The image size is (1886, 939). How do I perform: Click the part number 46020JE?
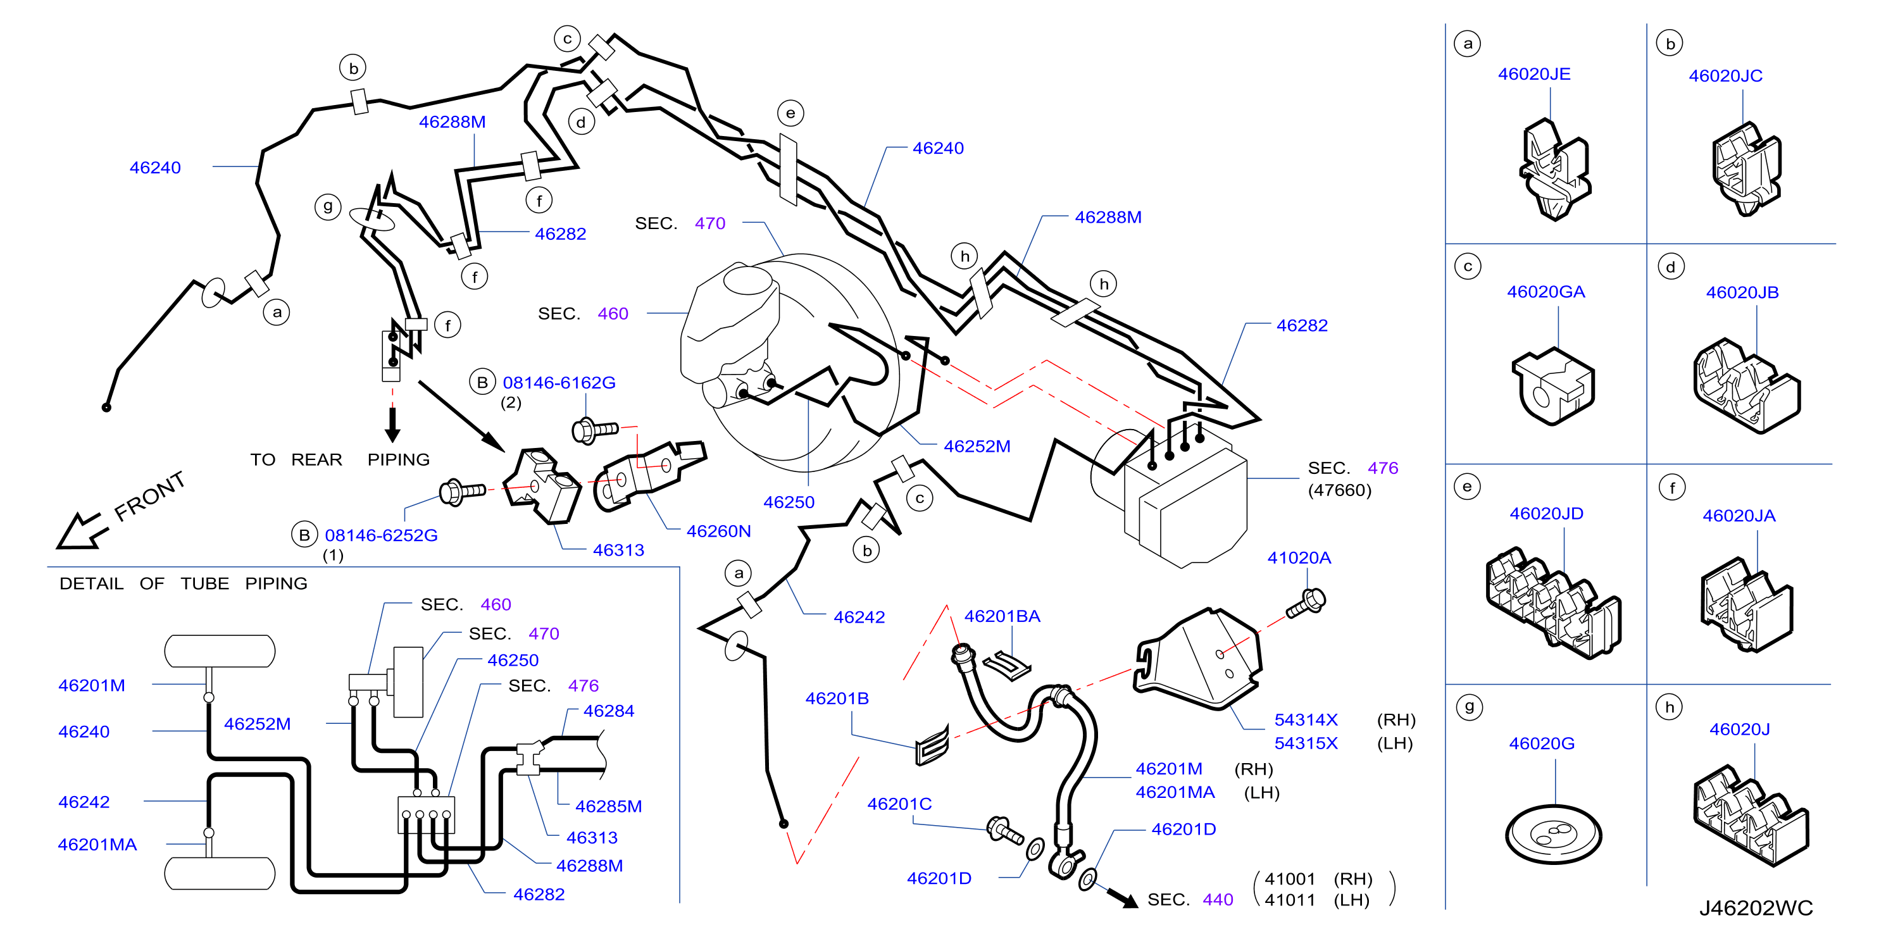click(1534, 74)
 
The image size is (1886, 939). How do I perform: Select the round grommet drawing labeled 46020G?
click(1554, 835)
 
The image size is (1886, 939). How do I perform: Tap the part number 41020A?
click(1299, 557)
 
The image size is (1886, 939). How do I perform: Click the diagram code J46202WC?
click(1756, 908)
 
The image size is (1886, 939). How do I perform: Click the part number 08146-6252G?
click(381, 535)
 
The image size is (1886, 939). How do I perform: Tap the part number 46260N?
click(718, 531)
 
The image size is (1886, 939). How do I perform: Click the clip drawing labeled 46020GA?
click(1553, 387)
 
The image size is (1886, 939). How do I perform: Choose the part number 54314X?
click(1306, 719)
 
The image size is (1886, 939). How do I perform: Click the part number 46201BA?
click(1002, 616)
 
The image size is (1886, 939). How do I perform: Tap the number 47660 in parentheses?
click(1339, 490)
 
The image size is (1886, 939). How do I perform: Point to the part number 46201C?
click(899, 804)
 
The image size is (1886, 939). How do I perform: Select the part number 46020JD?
click(1546, 514)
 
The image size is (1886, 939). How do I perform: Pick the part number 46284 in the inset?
click(608, 711)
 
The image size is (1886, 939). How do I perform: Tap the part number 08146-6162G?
click(559, 382)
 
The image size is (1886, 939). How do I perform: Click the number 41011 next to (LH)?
click(1289, 900)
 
